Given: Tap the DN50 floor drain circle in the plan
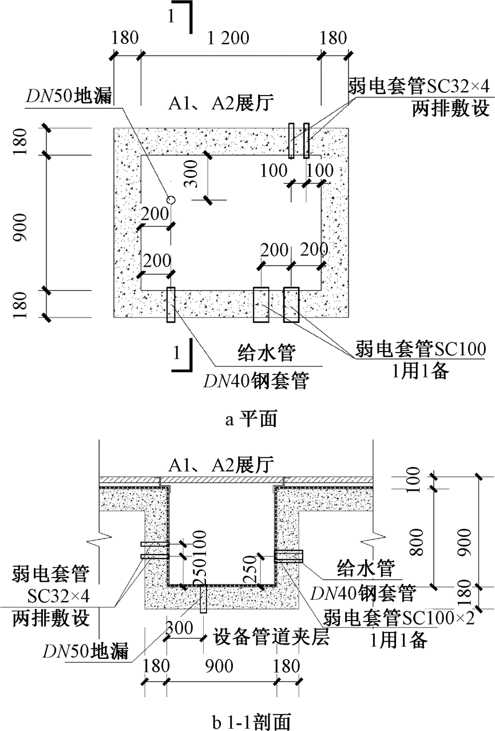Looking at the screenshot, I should coord(170,199).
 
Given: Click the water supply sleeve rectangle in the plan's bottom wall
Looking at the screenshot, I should coord(171,305).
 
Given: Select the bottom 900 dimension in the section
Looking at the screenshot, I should coord(221,666).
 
